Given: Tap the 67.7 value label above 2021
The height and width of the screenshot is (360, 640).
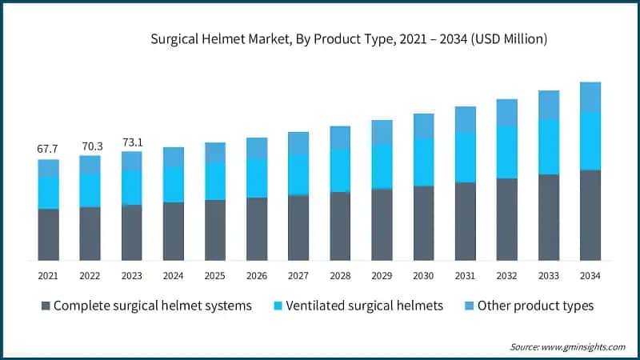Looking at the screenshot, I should pos(48,149).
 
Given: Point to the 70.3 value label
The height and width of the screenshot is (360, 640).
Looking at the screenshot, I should pos(90,146).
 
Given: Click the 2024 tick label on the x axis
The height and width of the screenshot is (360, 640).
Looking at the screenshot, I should pos(173,275).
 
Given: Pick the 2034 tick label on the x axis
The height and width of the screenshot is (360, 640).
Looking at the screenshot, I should pos(590,275).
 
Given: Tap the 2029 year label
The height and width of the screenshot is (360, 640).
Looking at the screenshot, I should pos(382,275).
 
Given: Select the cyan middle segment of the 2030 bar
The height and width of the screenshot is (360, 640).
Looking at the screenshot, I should pos(424,162).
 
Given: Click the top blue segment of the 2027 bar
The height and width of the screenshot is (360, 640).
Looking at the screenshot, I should pos(298,142).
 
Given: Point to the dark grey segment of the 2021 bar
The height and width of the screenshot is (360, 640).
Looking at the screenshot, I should pos(48,234).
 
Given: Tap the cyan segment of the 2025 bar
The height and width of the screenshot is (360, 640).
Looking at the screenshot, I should pos(215,181).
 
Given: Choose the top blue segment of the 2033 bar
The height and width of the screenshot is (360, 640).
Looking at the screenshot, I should pos(549,105).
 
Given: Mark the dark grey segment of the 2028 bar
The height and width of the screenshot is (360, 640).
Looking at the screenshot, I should pos(340,226).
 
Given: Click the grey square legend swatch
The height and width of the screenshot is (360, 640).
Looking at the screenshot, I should pos(46,306).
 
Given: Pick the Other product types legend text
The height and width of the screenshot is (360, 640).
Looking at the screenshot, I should pos(535,306).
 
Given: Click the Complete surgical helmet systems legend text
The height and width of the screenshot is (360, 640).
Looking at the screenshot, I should pos(153,306).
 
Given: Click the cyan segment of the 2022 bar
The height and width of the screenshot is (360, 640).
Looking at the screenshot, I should pos(90,190).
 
